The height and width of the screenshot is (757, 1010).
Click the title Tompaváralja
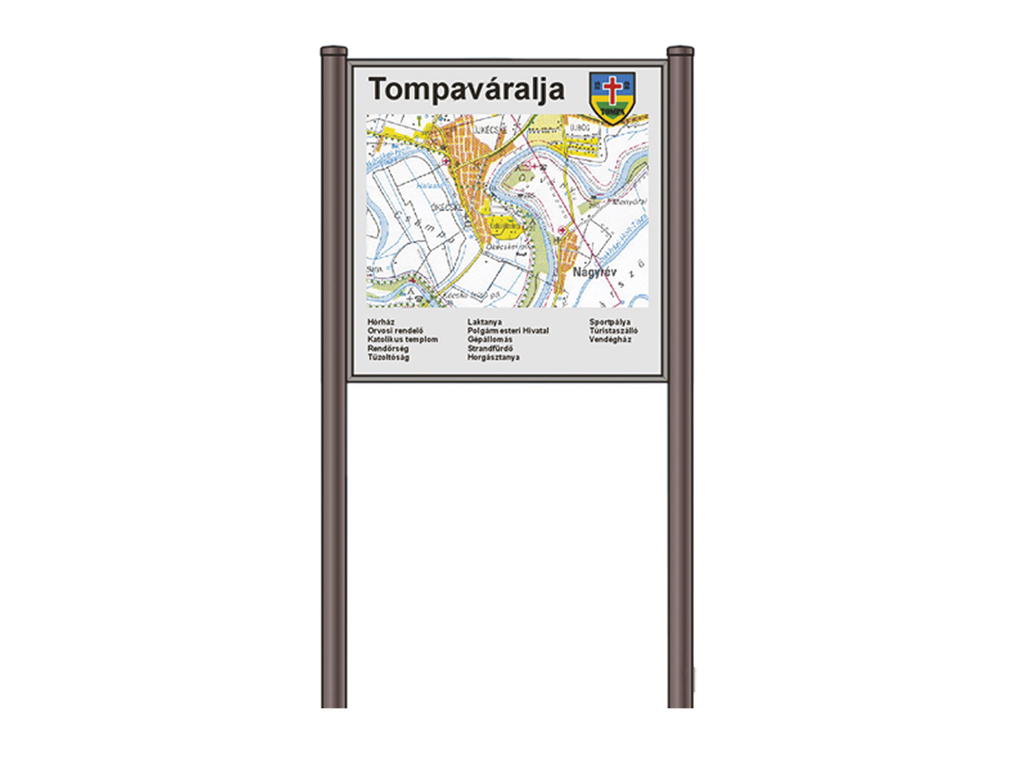[466, 90]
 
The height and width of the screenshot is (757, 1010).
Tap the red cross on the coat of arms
[612, 89]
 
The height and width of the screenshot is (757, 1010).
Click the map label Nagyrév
[594, 273]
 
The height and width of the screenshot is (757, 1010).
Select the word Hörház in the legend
[381, 322]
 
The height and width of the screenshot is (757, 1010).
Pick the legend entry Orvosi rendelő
[395, 331]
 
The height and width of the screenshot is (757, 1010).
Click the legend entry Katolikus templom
[403, 339]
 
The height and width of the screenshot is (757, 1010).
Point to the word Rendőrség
[388, 348]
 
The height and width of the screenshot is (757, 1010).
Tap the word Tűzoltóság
[388, 357]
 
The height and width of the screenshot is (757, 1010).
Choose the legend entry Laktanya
[484, 322]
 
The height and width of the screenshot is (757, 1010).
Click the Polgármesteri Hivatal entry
[508, 331]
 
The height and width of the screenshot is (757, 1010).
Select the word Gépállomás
[490, 339]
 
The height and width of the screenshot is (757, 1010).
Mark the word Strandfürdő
[490, 348]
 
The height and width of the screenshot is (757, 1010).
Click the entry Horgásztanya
[494, 357]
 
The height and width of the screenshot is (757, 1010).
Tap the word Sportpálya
[610, 322]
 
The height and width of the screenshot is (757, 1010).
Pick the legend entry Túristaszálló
[614, 331]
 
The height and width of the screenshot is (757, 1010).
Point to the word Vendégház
[610, 339]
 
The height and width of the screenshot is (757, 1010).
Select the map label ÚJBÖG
[579, 128]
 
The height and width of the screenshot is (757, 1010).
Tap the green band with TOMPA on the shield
[612, 112]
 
